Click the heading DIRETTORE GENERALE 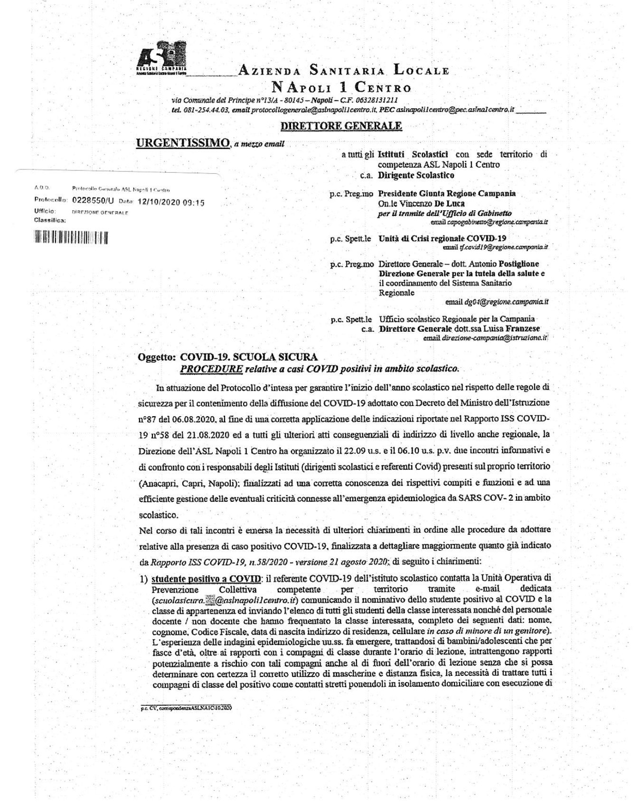coord(341,126)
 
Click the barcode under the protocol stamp coord(71,237)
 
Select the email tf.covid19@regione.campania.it coord(495,247)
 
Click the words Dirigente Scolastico coord(416,175)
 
